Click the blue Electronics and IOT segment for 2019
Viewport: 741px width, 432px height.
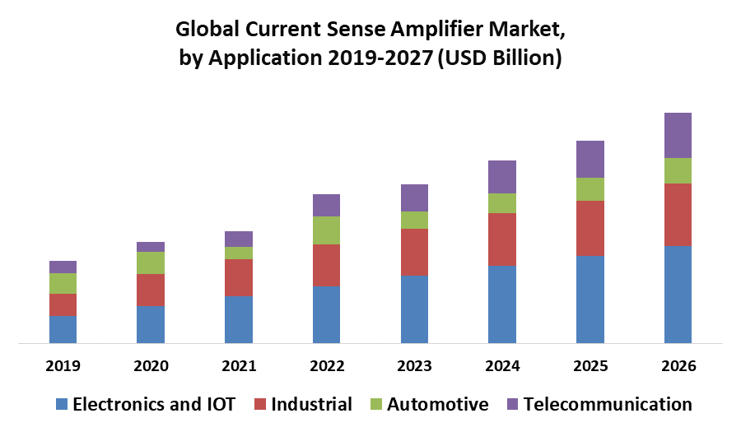pyautogui.click(x=63, y=329)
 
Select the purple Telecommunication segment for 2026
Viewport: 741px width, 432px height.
pyautogui.click(x=678, y=135)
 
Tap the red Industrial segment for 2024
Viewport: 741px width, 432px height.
pyautogui.click(x=502, y=239)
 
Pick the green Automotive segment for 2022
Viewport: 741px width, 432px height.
pyautogui.click(x=326, y=230)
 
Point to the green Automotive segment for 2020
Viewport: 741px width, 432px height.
pyautogui.click(x=151, y=262)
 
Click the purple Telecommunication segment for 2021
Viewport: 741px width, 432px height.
pyautogui.click(x=239, y=239)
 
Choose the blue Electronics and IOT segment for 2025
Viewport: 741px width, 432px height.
pyautogui.click(x=590, y=300)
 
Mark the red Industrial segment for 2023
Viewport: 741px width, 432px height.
pyautogui.click(x=414, y=252)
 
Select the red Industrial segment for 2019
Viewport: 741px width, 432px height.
pyautogui.click(x=63, y=304)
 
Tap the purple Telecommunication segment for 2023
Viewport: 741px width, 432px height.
pyautogui.click(x=414, y=197)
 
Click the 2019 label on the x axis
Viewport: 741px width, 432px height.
pyautogui.click(x=63, y=366)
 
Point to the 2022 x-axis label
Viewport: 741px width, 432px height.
pyautogui.click(x=327, y=366)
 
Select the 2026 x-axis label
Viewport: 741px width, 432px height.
pyautogui.click(x=678, y=366)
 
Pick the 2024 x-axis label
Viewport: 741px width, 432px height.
pyautogui.click(x=502, y=366)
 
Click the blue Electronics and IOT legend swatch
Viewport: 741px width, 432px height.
pyautogui.click(x=62, y=404)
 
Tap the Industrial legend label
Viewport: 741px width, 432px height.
pyautogui.click(x=311, y=404)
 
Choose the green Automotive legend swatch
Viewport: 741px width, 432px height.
pyautogui.click(x=376, y=404)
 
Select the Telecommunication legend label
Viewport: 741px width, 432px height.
pyautogui.click(x=608, y=404)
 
